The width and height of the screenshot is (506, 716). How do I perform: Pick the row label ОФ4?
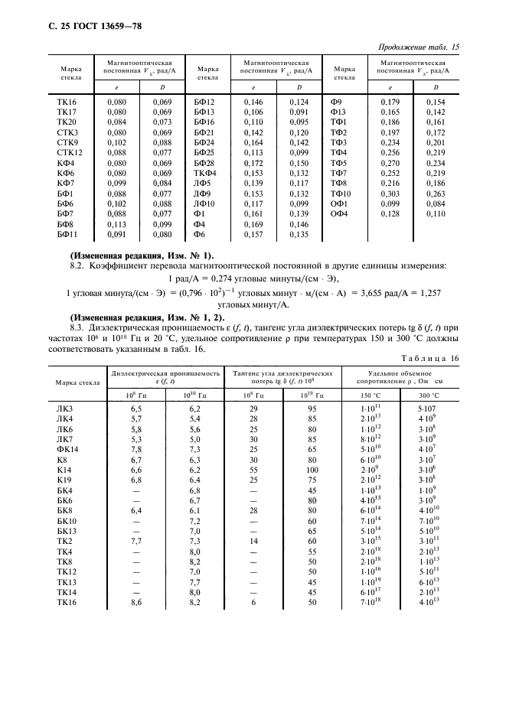tap(339, 215)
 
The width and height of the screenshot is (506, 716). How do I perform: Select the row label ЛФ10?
tap(204, 205)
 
